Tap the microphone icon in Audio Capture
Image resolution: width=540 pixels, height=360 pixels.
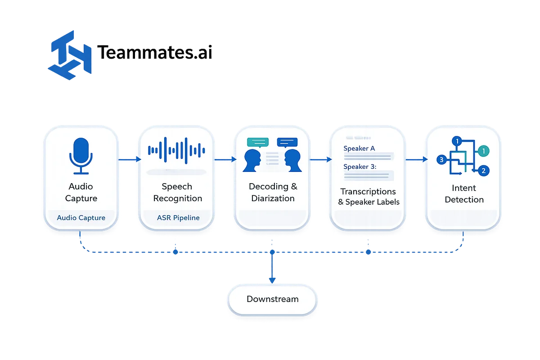tap(81, 155)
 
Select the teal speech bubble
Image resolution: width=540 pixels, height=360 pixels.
tap(258, 143)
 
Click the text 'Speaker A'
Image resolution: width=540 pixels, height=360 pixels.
tap(359, 148)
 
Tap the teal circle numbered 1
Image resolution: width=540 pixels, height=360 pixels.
tap(484, 151)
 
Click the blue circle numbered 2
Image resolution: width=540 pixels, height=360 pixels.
tap(483, 171)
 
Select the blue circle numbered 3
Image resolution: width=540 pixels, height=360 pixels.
tap(442, 159)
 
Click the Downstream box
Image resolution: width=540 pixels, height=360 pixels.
tap(272, 299)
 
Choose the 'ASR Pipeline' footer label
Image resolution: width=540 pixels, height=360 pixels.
tap(178, 218)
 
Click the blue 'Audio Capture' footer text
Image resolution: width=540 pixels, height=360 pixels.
tap(81, 218)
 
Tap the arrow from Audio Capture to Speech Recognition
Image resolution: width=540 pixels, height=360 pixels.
tap(129, 159)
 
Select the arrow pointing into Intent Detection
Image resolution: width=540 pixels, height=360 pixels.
tap(417, 159)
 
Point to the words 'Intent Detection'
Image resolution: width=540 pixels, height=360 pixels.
tap(464, 193)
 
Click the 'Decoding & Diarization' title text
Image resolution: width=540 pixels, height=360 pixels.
tap(273, 192)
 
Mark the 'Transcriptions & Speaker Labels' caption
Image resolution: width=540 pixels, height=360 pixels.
tap(369, 197)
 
